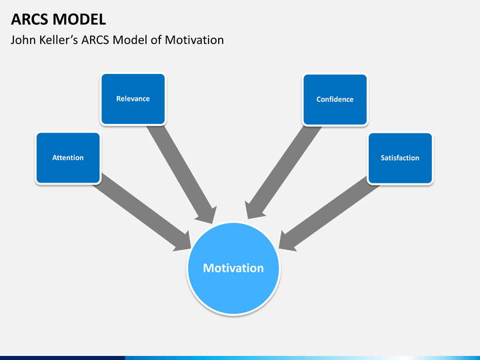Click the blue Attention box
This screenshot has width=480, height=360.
tap(67, 158)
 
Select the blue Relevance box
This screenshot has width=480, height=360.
tap(133, 99)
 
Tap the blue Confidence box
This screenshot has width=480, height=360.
tap(335, 99)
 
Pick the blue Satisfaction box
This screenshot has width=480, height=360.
tap(400, 158)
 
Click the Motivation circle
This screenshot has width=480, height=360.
tap(233, 268)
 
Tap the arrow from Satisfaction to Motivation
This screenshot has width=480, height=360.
tap(330, 212)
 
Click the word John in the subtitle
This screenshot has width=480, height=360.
tap(24, 40)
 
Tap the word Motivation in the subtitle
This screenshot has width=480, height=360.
tap(193, 40)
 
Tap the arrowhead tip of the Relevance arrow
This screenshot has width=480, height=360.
tap(213, 223)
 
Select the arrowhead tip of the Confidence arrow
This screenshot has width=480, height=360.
tap(247, 219)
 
